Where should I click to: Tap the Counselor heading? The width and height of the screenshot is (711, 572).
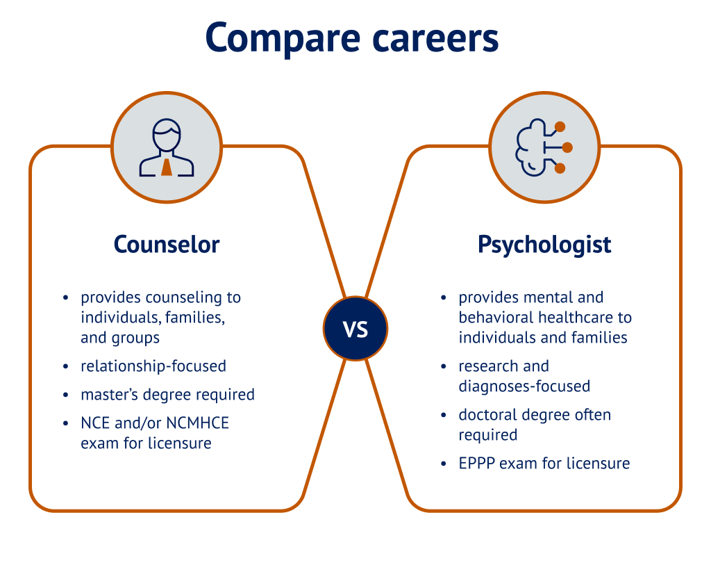pos(167,245)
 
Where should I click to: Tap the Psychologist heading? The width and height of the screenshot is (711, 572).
pos(544,245)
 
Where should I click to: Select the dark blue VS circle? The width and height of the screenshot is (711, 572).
pos(355,329)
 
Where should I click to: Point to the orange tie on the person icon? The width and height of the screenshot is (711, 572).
pos(167,167)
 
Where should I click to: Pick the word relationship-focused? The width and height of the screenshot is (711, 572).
pos(153,366)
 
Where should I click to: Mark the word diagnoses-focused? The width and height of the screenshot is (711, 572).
pos(524,386)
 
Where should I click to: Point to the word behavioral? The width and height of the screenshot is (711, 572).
pos(496,318)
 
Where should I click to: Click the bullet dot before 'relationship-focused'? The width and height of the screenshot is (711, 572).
pos(65,366)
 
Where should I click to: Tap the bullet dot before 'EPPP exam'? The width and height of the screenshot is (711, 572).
pos(444,464)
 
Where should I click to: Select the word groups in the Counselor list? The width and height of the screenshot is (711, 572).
pos(136,338)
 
